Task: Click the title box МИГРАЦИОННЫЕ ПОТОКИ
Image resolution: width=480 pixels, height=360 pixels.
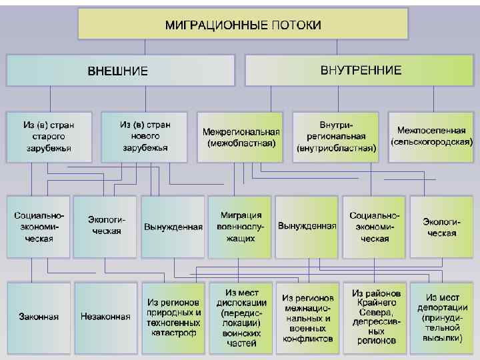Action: [242, 25]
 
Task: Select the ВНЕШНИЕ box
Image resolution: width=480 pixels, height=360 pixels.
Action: [120, 70]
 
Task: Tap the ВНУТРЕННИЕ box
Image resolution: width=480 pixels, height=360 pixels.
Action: [361, 70]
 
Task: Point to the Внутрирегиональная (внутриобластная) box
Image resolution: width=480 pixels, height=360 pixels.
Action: [337, 137]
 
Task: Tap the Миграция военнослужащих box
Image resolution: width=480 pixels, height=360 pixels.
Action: [241, 227]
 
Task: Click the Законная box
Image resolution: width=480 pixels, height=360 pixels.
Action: [39, 317]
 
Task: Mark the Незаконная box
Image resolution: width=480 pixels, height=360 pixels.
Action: [105, 317]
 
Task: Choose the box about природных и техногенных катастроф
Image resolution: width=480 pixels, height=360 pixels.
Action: [173, 317]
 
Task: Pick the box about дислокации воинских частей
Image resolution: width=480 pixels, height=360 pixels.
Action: [241, 317]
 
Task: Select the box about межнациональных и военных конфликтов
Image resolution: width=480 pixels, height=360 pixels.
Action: [307, 317]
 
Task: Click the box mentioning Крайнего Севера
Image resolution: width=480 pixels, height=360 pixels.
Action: [375, 317]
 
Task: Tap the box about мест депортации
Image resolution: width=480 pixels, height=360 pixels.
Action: [441, 317]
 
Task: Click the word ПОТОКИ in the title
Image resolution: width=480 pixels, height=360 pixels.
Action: [296, 25]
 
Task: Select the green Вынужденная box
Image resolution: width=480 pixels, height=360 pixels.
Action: [307, 226]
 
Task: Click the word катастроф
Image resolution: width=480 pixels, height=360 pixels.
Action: [173, 332]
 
